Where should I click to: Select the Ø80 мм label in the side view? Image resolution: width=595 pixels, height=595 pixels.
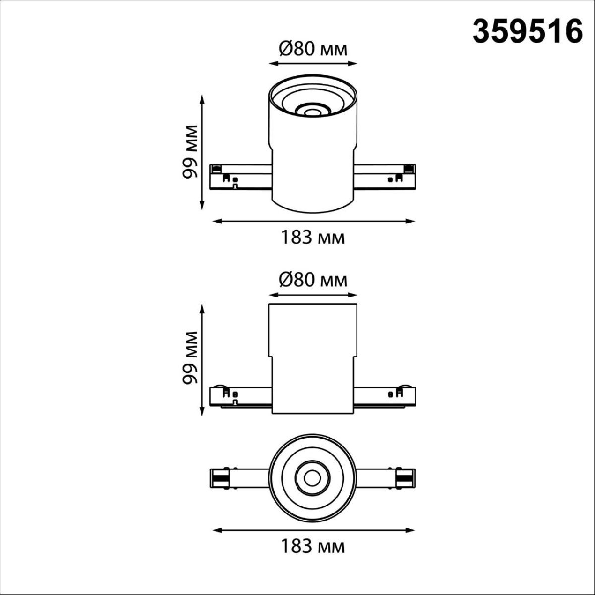pos(312,280)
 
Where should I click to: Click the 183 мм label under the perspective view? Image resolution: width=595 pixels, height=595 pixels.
pos(312,238)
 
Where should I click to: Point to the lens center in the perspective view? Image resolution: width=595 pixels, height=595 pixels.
pos(312,112)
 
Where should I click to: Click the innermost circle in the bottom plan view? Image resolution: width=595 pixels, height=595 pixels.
pos(312,478)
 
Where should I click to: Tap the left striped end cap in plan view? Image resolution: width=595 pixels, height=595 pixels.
pos(219,478)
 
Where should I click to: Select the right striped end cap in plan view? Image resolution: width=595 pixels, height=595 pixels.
pos(405,478)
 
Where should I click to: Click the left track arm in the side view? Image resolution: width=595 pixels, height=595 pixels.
pos(240,395)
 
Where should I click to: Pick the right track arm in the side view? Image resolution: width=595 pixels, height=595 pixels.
pos(385,395)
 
